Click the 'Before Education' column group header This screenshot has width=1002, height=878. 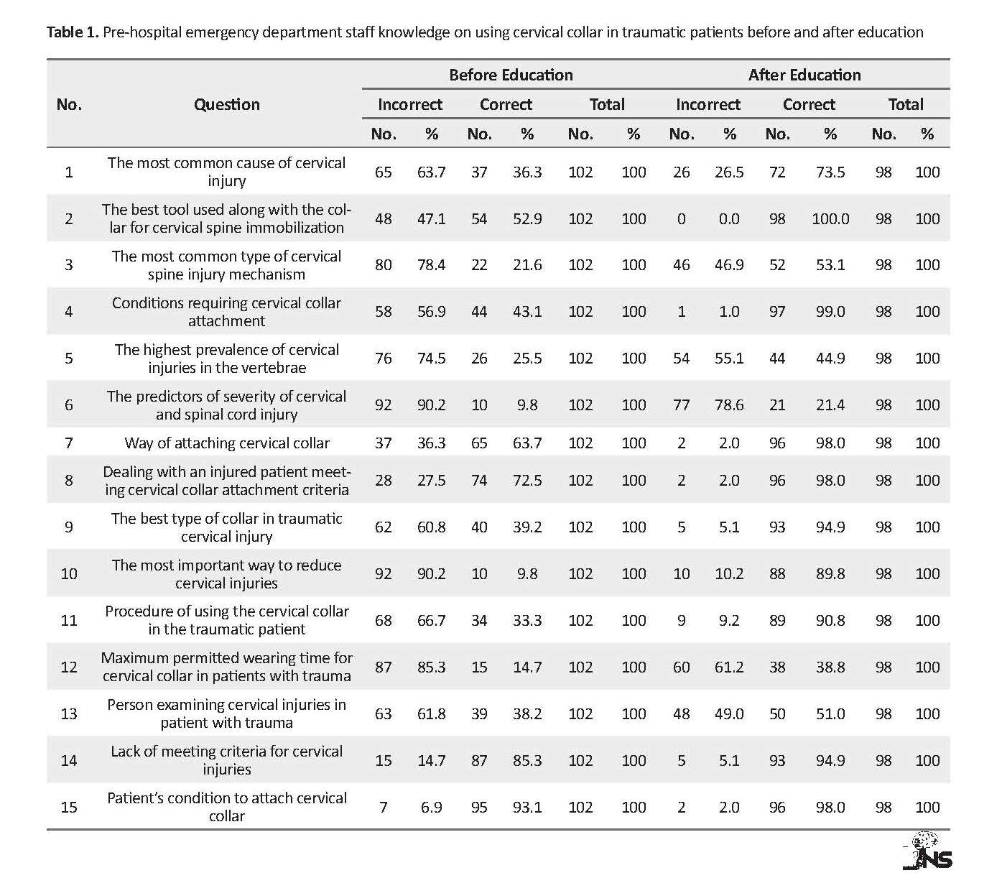511,75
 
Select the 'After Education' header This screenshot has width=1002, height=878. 804,75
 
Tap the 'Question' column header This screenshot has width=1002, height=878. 226,104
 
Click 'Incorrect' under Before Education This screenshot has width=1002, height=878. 409,104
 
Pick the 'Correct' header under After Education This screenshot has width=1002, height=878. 809,104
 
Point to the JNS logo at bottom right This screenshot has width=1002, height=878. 927,851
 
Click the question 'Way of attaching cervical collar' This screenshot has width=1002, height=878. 226,443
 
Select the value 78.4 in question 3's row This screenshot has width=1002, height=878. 431,264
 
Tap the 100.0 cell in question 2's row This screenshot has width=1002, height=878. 830,218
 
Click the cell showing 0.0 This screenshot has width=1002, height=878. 729,218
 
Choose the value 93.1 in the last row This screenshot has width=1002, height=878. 526,807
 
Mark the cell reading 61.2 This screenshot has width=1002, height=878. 729,667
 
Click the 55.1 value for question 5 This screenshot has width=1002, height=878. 729,358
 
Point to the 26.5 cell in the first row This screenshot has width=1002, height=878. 729,172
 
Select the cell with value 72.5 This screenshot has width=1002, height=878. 526,480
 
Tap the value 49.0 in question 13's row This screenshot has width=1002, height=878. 729,713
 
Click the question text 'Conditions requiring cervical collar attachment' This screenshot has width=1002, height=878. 226,312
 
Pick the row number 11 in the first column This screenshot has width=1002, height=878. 69,620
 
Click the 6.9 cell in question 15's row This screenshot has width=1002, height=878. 431,807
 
